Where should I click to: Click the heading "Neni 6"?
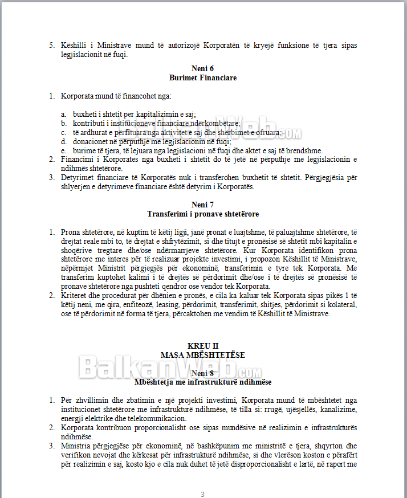[203, 68]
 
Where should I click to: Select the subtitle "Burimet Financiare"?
[203, 77]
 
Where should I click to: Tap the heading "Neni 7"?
[203, 205]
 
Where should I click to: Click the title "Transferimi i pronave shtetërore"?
[203, 214]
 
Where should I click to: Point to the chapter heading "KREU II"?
[203, 346]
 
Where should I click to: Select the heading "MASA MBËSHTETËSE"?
[203, 355]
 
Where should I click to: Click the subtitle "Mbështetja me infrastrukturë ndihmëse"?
[203, 381]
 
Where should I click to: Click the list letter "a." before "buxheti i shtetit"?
[64, 114]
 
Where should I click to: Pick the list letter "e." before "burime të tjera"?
[64, 150]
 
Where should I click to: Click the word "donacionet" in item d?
[90, 141]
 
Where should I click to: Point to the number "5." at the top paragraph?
[52, 45]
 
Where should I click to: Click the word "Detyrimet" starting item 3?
[76, 177]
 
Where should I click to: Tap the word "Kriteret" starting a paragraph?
[74, 295]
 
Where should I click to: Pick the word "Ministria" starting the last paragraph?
[76, 446]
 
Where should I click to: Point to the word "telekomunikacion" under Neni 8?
[156, 418]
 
